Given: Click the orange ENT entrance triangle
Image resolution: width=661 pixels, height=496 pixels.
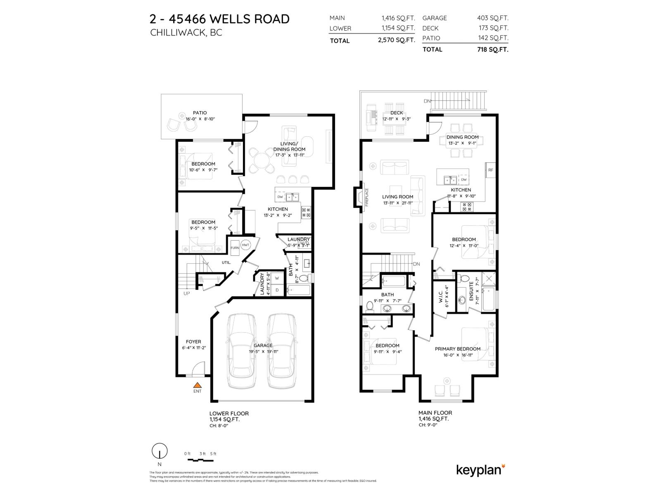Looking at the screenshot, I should click(197, 384).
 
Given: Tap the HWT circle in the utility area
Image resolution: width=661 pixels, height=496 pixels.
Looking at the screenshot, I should click(246, 245).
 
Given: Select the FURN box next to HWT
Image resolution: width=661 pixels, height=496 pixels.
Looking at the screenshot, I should click(235, 248).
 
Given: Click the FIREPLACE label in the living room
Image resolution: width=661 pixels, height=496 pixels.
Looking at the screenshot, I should click(366, 197).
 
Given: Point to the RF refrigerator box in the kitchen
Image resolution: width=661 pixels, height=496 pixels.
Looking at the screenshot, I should click(490, 170).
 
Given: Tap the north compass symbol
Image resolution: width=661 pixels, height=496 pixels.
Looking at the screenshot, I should click(159, 451).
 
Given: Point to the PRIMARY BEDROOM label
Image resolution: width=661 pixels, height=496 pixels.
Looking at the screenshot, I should click(457, 349).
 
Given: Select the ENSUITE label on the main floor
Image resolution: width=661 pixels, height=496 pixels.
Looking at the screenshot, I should click(471, 291).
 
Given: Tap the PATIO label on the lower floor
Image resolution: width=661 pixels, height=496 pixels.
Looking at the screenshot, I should click(200, 113).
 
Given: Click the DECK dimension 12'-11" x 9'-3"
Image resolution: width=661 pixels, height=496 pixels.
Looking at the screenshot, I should click(396, 119).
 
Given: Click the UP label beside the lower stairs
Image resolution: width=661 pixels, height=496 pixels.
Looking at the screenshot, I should click(187, 293).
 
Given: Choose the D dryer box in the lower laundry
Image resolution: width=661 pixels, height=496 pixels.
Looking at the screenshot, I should click(277, 290).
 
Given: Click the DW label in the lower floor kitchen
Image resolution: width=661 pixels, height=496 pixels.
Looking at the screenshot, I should click(280, 197).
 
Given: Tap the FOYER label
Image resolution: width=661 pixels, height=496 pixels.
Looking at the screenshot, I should click(193, 342).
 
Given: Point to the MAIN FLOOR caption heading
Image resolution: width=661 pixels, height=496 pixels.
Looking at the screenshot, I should click(435, 413).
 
